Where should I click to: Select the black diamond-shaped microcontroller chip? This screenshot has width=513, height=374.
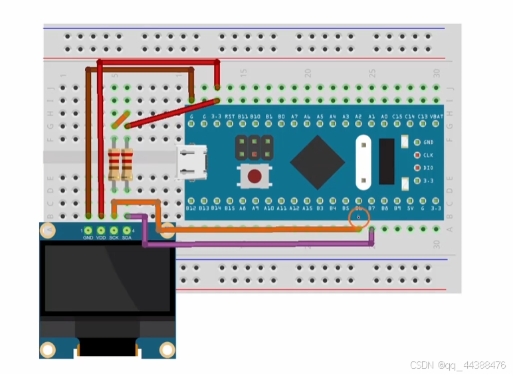(x=318, y=161)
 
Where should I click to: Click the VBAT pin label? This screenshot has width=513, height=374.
(x=437, y=116)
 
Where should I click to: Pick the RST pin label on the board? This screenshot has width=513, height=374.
(x=230, y=116)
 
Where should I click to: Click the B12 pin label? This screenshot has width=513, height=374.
(x=191, y=208)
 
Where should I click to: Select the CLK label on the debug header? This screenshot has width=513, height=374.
(x=429, y=155)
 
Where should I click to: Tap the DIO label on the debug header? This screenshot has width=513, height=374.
(x=429, y=167)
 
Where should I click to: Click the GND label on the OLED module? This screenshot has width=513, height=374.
(x=88, y=237)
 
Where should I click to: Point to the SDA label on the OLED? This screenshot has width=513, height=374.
(x=126, y=237)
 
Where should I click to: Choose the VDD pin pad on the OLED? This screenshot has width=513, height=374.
(x=101, y=230)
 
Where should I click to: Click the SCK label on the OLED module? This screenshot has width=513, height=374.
(x=114, y=237)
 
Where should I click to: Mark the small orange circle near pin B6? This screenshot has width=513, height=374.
(x=359, y=218)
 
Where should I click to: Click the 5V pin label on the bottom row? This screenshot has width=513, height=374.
(x=411, y=208)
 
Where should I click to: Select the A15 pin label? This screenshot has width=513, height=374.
(x=307, y=208)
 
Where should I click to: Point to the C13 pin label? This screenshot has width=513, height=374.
(x=423, y=116)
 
